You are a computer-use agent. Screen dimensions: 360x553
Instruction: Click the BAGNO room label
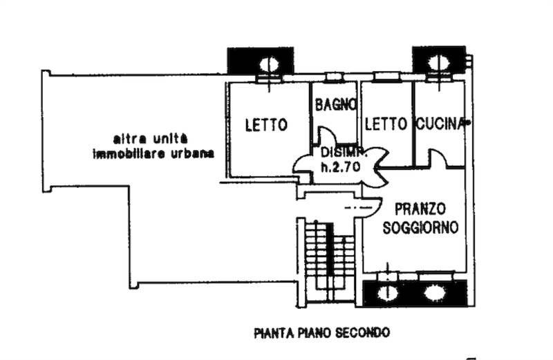335,106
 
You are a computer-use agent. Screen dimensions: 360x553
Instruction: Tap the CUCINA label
439,124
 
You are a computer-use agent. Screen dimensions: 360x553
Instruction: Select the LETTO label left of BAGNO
266,125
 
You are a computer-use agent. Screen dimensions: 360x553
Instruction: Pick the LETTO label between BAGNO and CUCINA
385,124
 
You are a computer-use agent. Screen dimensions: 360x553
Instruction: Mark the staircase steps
327,259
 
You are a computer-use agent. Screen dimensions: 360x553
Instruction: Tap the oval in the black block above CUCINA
438,61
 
